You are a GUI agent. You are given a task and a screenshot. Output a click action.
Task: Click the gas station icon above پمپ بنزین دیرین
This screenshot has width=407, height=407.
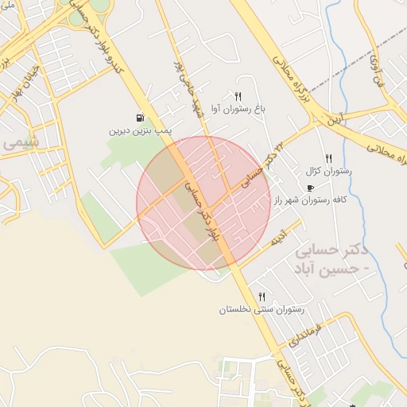[141, 118]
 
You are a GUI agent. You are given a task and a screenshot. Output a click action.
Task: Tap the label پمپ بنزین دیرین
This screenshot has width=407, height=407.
[141, 130]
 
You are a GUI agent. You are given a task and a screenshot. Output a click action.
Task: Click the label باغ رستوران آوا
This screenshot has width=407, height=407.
[238, 108]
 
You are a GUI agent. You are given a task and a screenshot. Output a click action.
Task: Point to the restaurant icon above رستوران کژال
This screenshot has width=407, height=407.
[328, 159]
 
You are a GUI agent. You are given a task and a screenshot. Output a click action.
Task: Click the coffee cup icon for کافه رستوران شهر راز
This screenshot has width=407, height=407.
[309, 188]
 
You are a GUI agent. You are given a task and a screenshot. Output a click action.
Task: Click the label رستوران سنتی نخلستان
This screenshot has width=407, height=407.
[262, 309]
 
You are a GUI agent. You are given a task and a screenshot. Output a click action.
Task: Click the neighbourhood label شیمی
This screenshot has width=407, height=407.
[21, 144]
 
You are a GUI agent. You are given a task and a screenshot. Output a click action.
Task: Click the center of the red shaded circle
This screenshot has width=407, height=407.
[203, 203]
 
